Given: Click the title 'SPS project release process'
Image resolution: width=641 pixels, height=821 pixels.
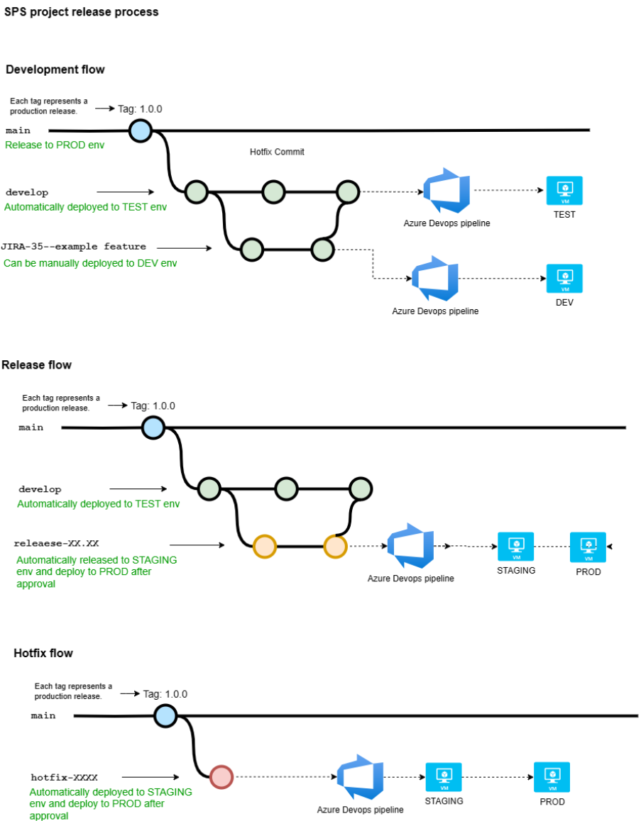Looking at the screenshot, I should click(82, 12).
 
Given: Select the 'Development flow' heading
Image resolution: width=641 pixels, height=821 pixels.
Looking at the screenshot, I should click(55, 69).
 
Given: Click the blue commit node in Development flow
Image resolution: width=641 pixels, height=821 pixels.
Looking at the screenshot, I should click(140, 130).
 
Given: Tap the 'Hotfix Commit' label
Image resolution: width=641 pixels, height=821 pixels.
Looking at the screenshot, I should click(277, 152).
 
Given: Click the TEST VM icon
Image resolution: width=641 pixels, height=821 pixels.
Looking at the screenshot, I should click(564, 190).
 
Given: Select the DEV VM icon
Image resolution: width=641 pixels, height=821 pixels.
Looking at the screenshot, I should click(564, 279).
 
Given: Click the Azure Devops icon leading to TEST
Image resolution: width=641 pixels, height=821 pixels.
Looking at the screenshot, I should click(446, 191).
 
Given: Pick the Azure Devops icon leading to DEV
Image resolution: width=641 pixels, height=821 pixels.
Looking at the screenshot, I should click(435, 279).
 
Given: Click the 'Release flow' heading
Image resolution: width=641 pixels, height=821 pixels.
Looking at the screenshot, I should click(36, 365).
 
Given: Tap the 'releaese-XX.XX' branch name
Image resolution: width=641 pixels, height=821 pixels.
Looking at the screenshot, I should click(56, 544).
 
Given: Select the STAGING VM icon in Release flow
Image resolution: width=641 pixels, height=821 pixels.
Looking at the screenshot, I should click(516, 547).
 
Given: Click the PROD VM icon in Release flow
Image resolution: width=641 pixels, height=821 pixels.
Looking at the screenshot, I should click(588, 547).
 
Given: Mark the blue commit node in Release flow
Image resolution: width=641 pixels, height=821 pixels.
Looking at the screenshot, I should click(153, 428).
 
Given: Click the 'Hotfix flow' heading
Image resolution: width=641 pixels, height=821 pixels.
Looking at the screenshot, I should click(43, 653).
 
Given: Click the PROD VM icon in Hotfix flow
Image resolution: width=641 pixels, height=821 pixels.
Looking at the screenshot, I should click(552, 777).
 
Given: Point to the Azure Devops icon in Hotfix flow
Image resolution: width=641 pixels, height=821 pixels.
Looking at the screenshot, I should click(360, 778).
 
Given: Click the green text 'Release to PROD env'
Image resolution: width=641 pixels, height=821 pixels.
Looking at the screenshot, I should click(55, 145).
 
